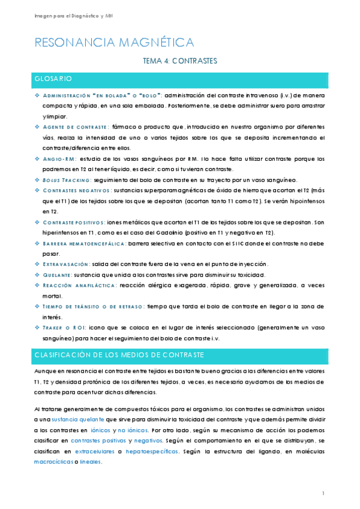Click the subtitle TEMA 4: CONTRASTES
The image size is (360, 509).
point(179,61)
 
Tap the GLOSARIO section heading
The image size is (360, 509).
point(53,79)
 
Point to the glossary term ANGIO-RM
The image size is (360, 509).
point(59,159)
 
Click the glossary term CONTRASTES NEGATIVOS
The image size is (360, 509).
point(73,190)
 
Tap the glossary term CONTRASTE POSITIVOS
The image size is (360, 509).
point(73,222)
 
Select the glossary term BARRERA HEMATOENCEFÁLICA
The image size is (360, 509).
point(84,243)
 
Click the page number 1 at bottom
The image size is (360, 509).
point(323,493)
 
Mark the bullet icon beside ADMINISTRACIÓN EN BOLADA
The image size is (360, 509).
point(37,95)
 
